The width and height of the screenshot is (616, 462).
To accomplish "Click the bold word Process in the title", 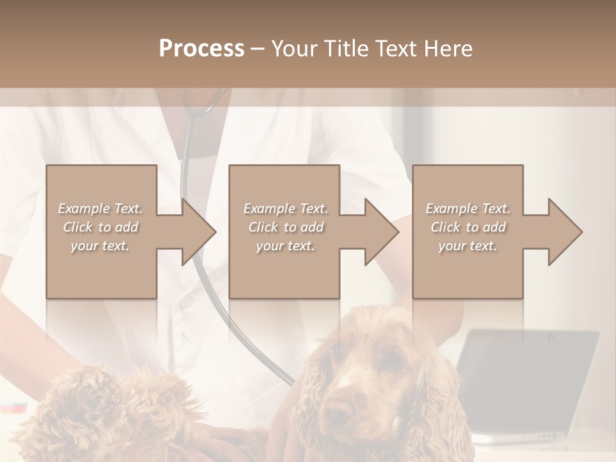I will pyautogui.click(x=201, y=49).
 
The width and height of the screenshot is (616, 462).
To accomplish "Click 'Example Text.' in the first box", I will pyautogui.click(x=100, y=209).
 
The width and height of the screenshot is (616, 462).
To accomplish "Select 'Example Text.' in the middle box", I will pyautogui.click(x=285, y=209).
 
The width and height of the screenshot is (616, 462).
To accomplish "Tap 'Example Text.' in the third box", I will pyautogui.click(x=468, y=209).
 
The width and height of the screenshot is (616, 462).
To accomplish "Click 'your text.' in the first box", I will pyautogui.click(x=100, y=246).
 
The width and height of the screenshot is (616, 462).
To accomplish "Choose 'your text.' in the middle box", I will pyautogui.click(x=285, y=246).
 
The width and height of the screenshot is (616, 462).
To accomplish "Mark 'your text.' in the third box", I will pyautogui.click(x=468, y=246).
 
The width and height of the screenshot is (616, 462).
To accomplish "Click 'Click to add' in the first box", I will pyautogui.click(x=100, y=227).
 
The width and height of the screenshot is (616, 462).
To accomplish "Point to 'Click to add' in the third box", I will pyautogui.click(x=468, y=227).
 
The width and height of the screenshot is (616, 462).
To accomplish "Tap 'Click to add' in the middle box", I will pyautogui.click(x=285, y=227).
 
